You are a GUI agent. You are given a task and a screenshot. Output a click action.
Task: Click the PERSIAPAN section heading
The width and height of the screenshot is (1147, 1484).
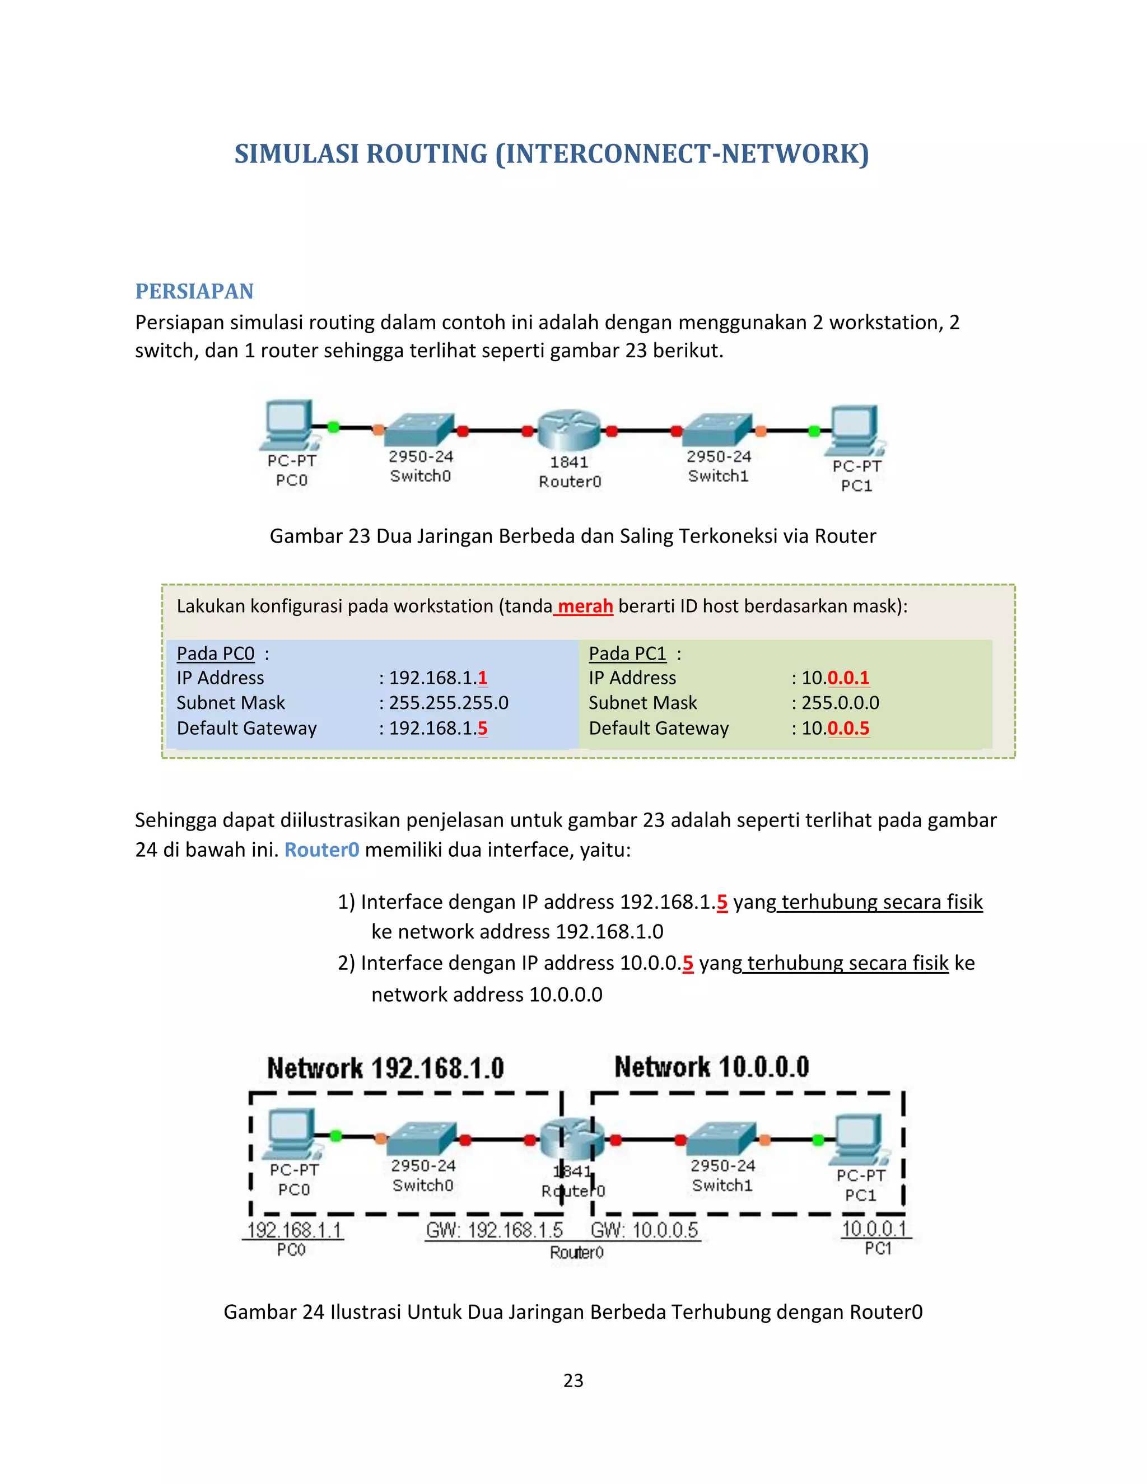coord(194,292)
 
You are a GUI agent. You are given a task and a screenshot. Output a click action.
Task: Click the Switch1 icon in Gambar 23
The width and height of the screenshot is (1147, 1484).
coord(717,430)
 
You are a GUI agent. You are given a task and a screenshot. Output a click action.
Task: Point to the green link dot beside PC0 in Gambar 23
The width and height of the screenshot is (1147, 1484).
coord(333,427)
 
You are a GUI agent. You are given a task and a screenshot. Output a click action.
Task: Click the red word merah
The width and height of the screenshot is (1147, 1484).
coord(585,606)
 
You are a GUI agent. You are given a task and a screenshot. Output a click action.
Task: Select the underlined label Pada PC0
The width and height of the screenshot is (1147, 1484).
coord(216,654)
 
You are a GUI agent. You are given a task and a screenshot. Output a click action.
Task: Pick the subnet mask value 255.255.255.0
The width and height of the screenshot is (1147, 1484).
coord(449,703)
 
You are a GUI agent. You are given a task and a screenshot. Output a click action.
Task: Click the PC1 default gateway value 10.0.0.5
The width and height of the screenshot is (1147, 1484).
coord(835,729)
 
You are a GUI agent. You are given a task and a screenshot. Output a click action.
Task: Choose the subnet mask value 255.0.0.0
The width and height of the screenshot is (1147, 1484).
coord(840,703)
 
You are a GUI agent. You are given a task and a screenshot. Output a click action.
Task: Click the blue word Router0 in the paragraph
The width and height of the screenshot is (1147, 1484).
coord(321,850)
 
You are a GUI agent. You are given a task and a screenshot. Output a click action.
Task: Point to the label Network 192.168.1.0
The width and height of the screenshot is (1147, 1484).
coord(385,1068)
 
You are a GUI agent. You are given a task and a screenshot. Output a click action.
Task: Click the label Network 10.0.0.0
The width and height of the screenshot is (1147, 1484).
coord(711,1067)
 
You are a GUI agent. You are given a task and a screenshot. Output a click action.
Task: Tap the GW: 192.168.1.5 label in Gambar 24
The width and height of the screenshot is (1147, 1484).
coord(494,1230)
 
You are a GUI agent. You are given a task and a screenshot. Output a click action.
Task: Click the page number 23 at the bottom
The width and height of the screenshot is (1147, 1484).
coord(573,1381)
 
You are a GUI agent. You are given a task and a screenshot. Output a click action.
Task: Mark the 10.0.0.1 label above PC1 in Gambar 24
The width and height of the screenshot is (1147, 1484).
coord(874,1229)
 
